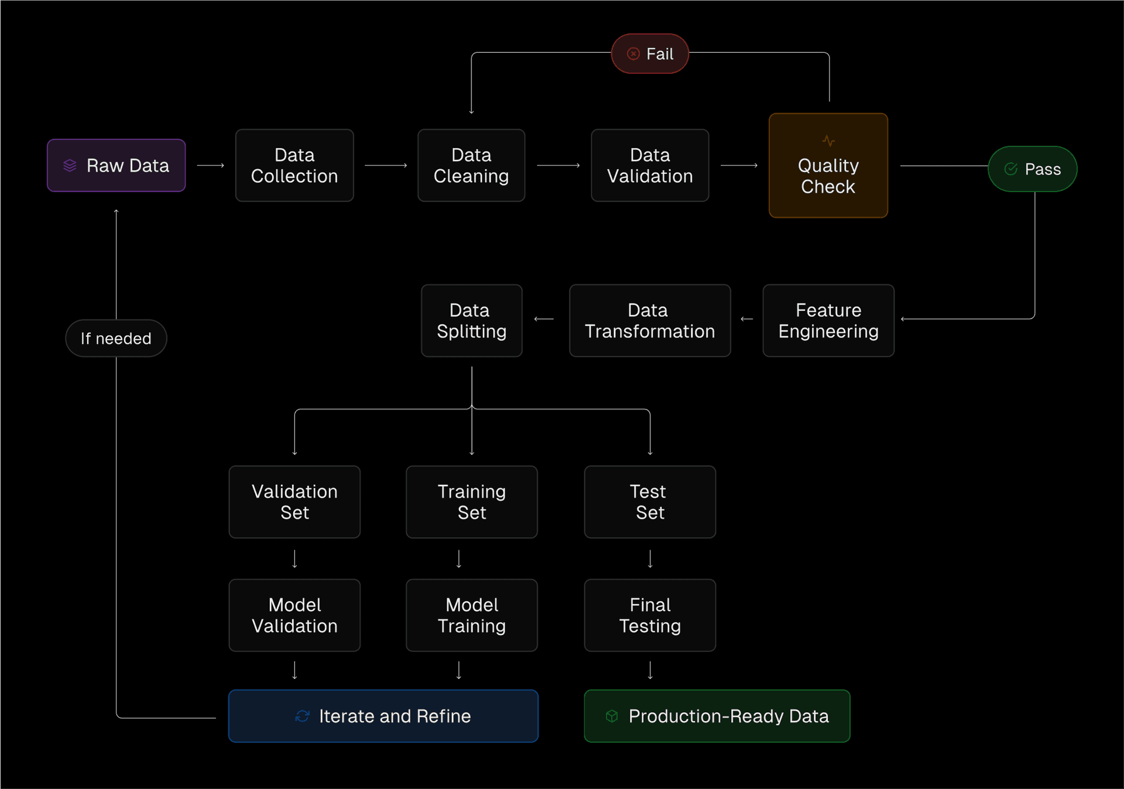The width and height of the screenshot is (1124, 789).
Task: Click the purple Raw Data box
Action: coord(116,166)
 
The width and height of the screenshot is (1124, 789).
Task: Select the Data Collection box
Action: coord(294,166)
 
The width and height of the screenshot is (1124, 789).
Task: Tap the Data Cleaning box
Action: coord(471,166)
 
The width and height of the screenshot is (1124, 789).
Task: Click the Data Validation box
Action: coord(650,166)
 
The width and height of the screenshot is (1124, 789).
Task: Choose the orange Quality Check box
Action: coord(828,166)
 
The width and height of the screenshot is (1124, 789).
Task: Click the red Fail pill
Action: coord(650,54)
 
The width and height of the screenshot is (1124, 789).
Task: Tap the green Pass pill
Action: coord(1032,169)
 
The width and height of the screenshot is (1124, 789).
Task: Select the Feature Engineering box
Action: coord(828,320)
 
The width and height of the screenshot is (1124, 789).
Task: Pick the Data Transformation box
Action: coord(650,320)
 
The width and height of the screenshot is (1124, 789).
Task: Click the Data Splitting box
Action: coord(471,320)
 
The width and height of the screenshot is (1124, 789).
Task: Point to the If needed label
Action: coord(116,339)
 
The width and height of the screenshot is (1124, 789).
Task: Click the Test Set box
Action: coord(650,502)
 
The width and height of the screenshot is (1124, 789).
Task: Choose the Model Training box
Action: coord(471,615)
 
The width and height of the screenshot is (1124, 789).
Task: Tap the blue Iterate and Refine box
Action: coord(383,716)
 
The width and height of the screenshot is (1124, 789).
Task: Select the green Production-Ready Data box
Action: coord(717,716)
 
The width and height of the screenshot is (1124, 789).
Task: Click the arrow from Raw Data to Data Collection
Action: coord(211,166)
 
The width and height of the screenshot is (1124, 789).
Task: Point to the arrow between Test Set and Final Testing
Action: coord(650,559)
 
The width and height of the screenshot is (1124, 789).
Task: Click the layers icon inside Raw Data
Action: coord(70,166)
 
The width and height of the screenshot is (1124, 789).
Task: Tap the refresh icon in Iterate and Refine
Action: coord(302,716)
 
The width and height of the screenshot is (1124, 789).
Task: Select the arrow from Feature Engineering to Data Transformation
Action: coord(746,319)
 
